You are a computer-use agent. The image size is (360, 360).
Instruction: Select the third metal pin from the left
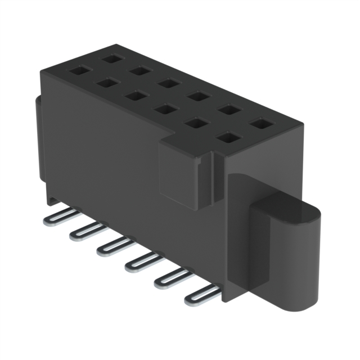112,246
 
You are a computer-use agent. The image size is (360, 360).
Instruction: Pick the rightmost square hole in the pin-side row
227,136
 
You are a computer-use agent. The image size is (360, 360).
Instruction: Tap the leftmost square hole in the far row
110,57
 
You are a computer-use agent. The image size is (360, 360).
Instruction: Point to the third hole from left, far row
167,83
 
